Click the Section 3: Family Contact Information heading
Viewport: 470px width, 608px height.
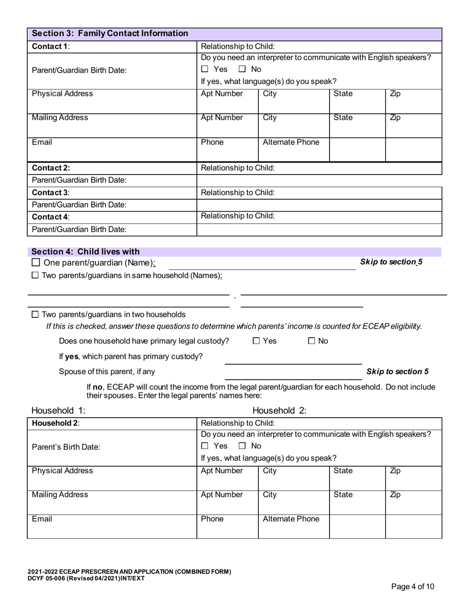point(110,34)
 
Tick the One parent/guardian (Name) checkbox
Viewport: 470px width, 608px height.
point(36,262)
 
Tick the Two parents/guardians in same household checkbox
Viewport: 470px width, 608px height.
point(35,275)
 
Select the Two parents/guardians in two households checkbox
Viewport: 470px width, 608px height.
point(35,314)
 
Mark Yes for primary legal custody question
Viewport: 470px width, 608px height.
point(256,341)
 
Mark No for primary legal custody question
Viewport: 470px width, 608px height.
point(312,341)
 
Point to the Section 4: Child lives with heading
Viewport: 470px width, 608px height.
point(86,252)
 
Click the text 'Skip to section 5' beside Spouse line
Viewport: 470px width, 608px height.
point(397,372)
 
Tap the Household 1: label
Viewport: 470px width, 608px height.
point(58,411)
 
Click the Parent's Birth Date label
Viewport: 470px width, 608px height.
point(66,447)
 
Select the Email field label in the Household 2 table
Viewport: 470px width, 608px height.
point(42,519)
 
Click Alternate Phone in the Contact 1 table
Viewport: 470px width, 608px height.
point(291,142)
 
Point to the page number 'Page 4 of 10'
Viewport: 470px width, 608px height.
point(413,587)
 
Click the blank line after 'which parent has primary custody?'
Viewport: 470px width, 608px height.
point(293,359)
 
